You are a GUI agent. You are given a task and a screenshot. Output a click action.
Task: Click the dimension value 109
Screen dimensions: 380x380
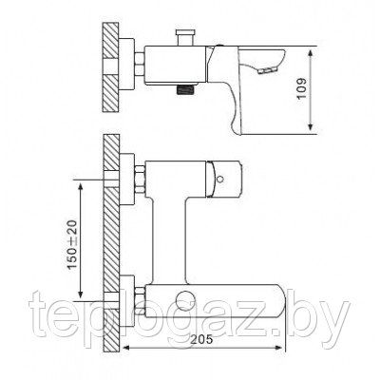pyautogui.click(x=302, y=88)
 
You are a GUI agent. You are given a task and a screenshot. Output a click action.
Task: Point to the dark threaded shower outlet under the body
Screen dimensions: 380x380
pyautogui.click(x=185, y=89)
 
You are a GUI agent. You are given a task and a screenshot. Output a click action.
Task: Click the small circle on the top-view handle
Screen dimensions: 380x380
pyautogui.click(x=219, y=180)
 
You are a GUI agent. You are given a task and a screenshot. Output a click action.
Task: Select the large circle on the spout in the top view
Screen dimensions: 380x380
pyautogui.click(x=184, y=300)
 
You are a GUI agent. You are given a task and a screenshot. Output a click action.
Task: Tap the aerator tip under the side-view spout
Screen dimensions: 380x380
pyautogui.click(x=268, y=71)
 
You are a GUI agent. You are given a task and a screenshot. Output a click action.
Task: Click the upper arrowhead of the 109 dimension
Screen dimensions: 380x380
pyautogui.click(x=312, y=53)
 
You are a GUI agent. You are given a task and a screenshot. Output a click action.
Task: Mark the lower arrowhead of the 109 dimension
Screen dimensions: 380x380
pyautogui.click(x=312, y=126)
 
